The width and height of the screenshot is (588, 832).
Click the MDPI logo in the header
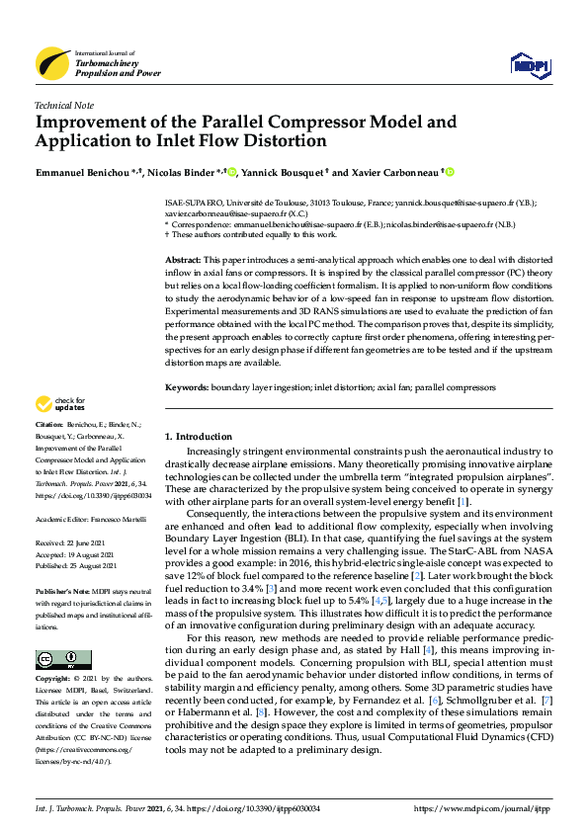pos(529,65)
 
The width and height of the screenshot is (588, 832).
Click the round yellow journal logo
pos(52,64)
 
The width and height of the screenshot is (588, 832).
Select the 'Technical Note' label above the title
pos(64,105)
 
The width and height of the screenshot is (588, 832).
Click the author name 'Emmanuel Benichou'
pos(85,172)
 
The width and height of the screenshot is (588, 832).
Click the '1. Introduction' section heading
pos(197,436)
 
